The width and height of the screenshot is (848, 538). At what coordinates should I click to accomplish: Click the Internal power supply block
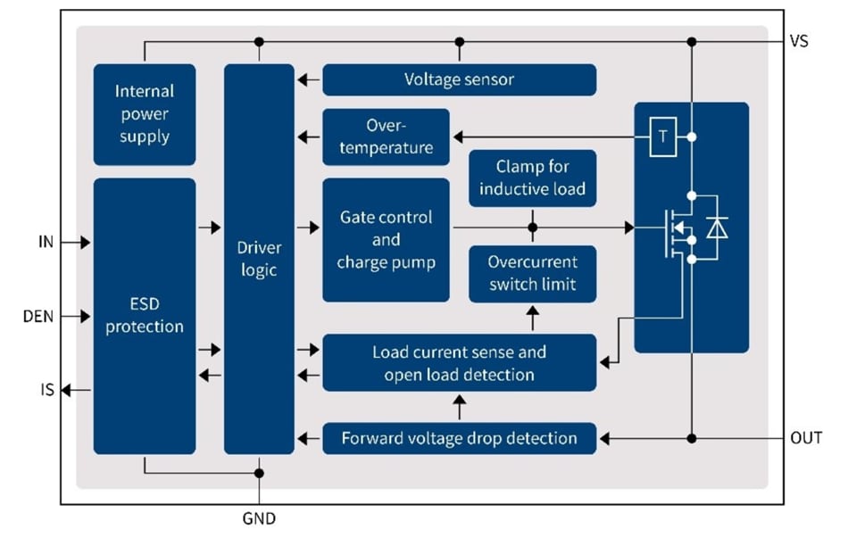click(144, 114)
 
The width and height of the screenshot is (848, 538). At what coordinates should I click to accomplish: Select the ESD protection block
click(144, 316)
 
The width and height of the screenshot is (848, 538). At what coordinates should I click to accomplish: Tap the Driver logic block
click(259, 258)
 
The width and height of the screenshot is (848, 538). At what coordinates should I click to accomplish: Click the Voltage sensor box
click(459, 79)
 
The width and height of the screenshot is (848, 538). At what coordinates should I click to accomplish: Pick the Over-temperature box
click(386, 137)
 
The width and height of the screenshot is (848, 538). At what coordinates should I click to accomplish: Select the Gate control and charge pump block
click(386, 240)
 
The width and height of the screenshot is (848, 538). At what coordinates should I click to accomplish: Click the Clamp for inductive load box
click(532, 178)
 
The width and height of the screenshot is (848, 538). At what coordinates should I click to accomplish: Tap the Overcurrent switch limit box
click(532, 274)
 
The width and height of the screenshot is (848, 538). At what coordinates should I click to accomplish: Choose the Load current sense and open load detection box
click(459, 363)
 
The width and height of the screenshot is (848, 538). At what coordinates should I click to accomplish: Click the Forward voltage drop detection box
click(459, 438)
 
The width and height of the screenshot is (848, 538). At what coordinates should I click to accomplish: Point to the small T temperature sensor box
click(662, 137)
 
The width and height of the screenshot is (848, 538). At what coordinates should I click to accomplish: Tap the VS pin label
click(799, 41)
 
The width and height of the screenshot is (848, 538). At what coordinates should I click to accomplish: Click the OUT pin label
click(805, 438)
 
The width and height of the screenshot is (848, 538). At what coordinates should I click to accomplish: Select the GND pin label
click(259, 517)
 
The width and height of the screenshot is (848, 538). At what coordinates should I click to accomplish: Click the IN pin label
click(46, 242)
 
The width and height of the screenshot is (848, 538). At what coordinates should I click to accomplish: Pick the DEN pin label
click(37, 316)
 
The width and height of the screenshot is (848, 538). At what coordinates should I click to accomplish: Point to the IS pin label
click(46, 389)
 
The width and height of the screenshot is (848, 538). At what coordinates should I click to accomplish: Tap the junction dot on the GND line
click(259, 473)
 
